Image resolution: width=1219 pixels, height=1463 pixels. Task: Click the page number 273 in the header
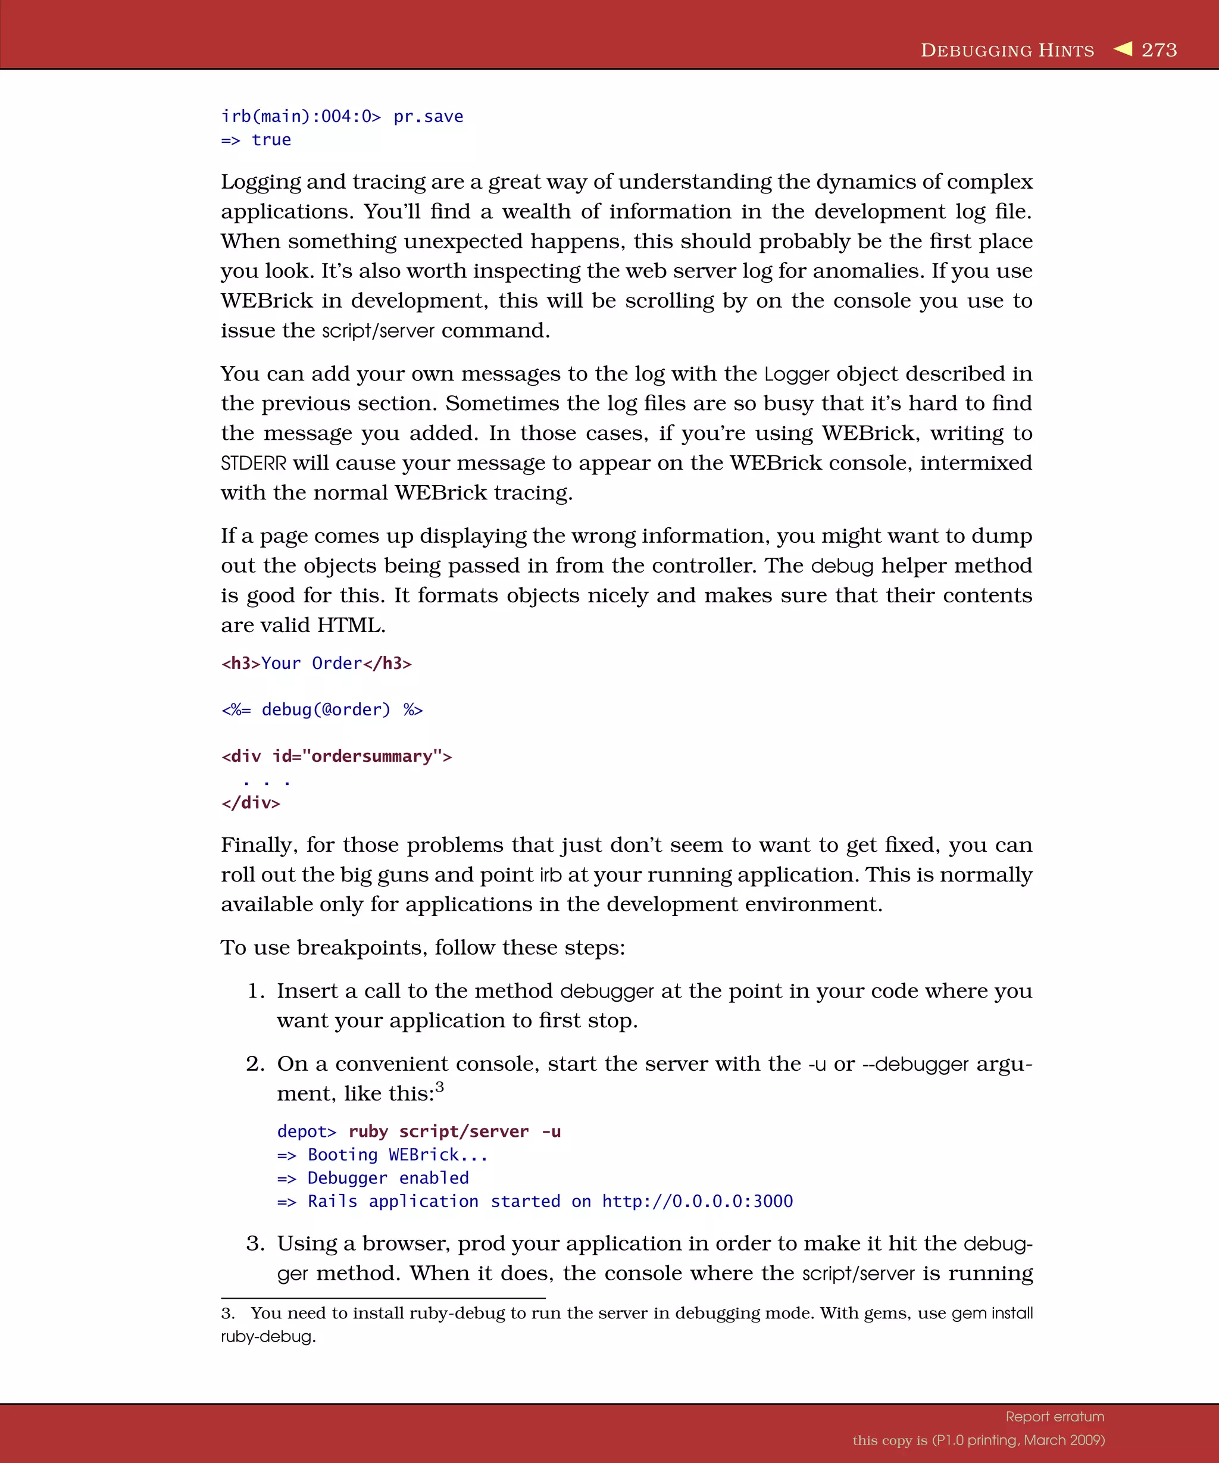(1159, 50)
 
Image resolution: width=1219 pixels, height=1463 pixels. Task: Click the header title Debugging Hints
(1007, 50)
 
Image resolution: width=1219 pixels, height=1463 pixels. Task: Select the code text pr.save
(429, 116)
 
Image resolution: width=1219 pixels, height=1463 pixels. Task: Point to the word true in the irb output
(271, 140)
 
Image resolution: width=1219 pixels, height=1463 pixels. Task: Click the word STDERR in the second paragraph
(254, 463)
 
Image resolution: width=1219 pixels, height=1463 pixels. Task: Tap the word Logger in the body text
(796, 374)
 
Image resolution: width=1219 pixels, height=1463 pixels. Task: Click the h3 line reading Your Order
(316, 663)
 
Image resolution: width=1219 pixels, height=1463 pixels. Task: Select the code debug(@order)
(326, 710)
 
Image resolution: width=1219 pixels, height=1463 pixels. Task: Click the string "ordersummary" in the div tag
(372, 756)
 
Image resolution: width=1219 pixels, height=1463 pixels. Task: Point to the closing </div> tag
(251, 804)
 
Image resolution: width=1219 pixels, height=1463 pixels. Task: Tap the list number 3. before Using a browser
(255, 1243)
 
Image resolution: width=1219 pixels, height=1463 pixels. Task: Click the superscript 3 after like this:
(439, 1087)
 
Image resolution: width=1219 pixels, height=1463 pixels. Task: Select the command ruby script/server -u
(454, 1131)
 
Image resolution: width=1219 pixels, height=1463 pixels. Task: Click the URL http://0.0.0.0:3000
(697, 1202)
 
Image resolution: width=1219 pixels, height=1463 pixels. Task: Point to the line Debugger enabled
(388, 1178)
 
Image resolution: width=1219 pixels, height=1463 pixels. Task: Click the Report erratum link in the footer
(1055, 1417)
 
